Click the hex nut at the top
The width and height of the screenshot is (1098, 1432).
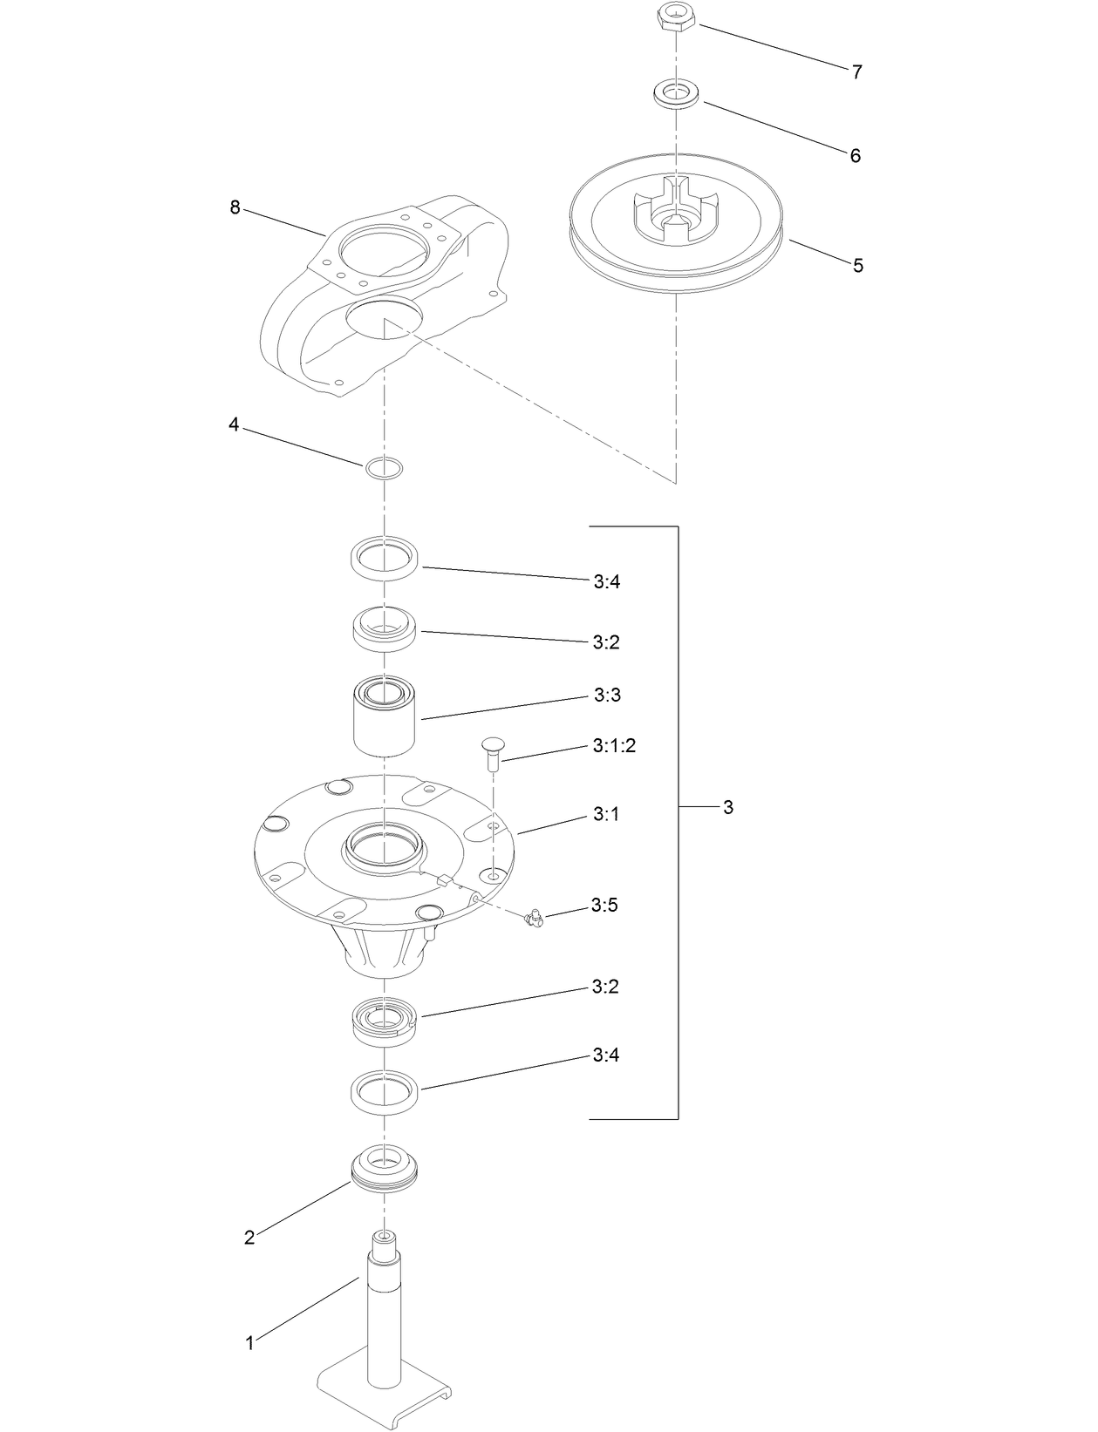pyautogui.click(x=675, y=17)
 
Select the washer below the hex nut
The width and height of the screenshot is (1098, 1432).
pyautogui.click(x=676, y=93)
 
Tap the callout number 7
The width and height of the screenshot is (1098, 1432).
pyautogui.click(x=857, y=72)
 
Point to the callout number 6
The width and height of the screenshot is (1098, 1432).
pyautogui.click(x=856, y=156)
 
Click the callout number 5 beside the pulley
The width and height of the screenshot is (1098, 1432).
pyautogui.click(x=858, y=265)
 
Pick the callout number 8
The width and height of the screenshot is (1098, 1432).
pyautogui.click(x=235, y=207)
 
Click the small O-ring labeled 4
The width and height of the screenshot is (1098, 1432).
pyautogui.click(x=384, y=468)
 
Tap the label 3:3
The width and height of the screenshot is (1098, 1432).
pyautogui.click(x=607, y=696)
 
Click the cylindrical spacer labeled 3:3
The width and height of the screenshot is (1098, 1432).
pyautogui.click(x=385, y=715)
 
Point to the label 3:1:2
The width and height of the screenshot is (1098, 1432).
pyautogui.click(x=614, y=746)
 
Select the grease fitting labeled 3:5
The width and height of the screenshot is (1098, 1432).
pyautogui.click(x=534, y=918)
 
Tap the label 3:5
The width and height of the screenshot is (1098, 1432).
pyautogui.click(x=604, y=906)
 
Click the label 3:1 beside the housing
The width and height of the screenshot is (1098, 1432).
pyautogui.click(x=606, y=814)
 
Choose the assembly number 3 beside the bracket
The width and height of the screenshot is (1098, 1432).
pyautogui.click(x=728, y=807)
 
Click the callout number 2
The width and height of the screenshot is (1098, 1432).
pyautogui.click(x=249, y=1238)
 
